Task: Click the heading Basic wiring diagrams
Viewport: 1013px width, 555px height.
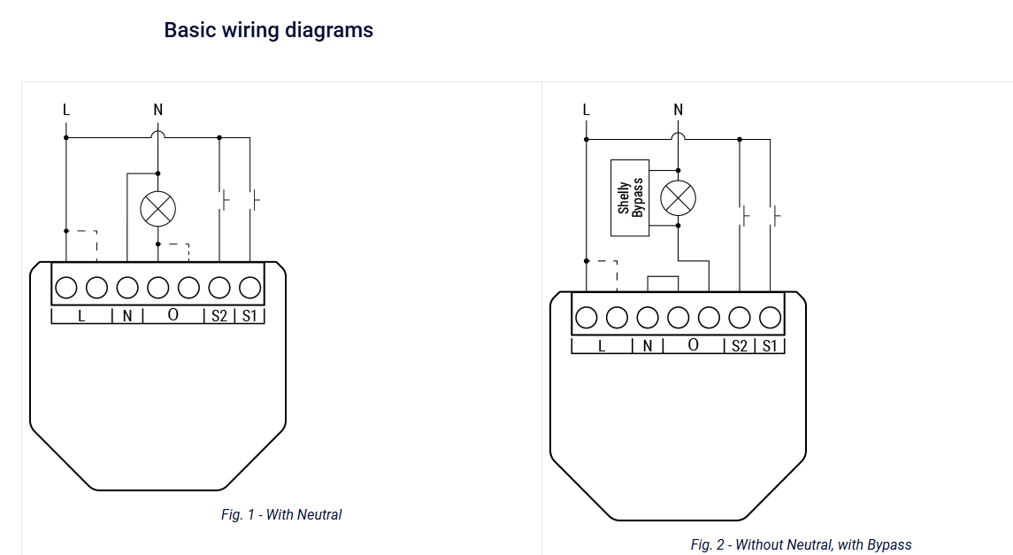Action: point(268,30)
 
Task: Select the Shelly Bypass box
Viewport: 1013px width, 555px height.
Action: point(630,197)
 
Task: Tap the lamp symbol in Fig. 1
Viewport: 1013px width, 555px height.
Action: point(157,209)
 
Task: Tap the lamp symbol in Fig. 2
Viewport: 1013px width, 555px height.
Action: point(678,197)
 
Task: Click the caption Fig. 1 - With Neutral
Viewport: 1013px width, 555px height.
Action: point(281,514)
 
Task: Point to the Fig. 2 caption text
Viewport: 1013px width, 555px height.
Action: point(801,544)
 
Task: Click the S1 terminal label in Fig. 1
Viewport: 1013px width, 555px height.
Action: point(249,316)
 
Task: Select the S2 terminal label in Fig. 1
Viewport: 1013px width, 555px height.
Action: point(219,316)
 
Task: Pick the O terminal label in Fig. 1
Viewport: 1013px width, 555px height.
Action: point(173,314)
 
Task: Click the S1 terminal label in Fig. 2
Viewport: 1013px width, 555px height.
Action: point(770,346)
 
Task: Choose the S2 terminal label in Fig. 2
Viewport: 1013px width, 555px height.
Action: point(740,346)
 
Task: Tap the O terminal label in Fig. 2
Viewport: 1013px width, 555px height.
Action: point(694,345)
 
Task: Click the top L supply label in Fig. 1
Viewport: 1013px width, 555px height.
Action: point(65,111)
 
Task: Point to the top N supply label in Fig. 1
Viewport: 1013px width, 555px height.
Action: point(157,111)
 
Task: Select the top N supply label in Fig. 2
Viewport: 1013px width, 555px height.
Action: point(678,111)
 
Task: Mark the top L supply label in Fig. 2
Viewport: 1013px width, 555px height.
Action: point(586,111)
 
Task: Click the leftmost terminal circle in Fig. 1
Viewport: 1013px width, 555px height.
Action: point(65,288)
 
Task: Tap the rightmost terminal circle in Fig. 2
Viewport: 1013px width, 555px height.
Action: point(770,318)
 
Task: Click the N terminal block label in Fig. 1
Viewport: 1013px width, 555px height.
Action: point(127,316)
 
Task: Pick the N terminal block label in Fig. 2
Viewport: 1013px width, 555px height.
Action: point(648,346)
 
